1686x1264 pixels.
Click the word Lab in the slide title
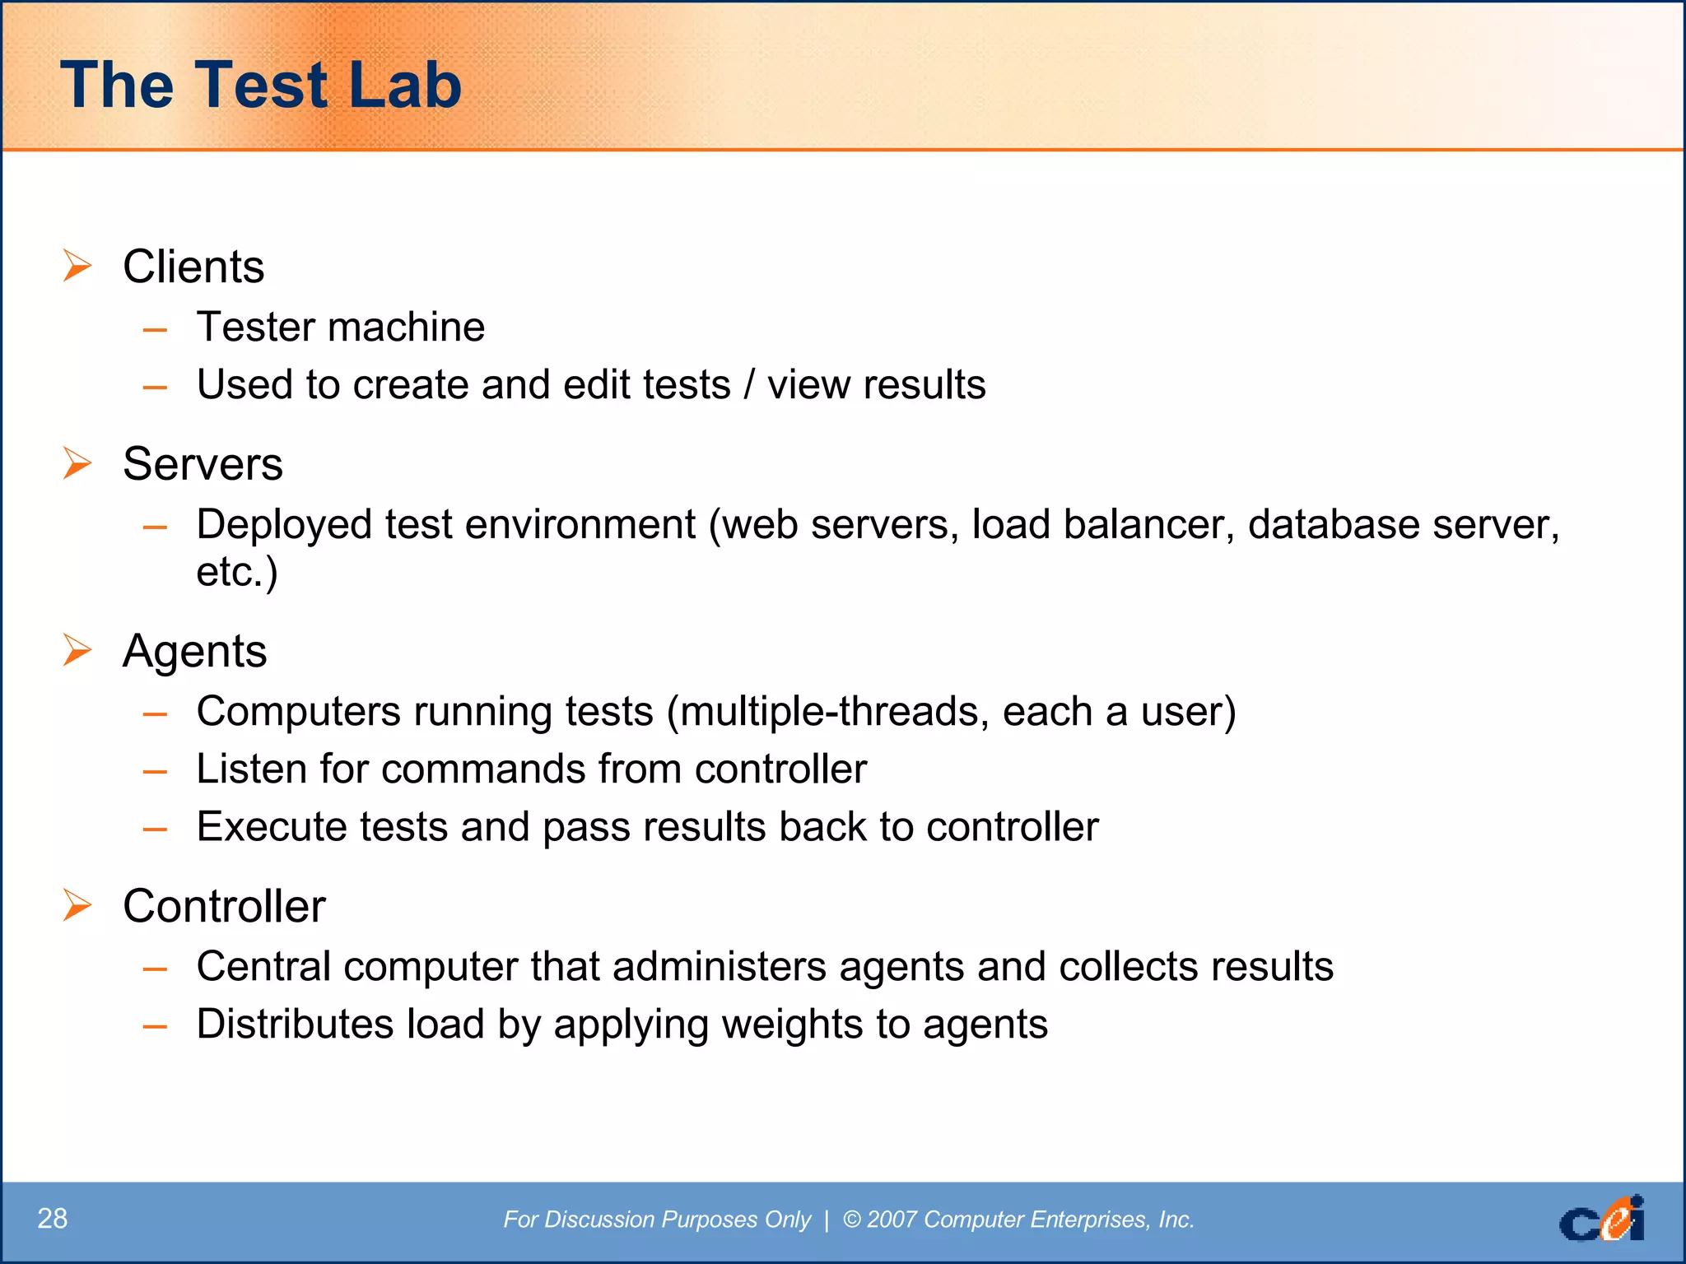[x=404, y=86]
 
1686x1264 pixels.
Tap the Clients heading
[x=193, y=267]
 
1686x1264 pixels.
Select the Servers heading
[x=203, y=463]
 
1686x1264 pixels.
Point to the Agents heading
[x=195, y=651]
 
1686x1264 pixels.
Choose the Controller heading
[x=224, y=906]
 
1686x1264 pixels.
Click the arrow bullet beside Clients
[x=77, y=266]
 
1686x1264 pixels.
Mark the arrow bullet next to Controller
[x=77, y=905]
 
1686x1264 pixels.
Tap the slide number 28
[x=53, y=1218]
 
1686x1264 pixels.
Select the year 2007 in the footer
[x=892, y=1220]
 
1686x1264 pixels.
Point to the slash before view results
[x=748, y=384]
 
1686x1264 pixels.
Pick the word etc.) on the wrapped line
[x=236, y=571]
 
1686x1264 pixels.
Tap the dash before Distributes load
[x=155, y=1026]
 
